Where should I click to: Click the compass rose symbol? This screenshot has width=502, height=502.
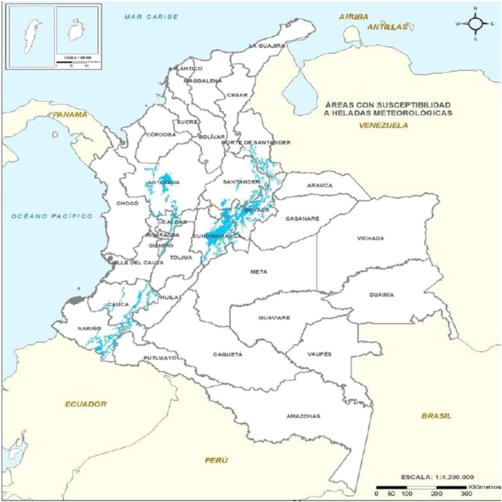point(475,24)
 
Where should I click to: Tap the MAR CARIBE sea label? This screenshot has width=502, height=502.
point(151,17)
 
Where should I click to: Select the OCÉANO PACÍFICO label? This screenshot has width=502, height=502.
point(52,216)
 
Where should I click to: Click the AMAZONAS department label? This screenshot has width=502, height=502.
point(303,416)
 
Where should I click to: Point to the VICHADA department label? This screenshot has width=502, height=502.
point(370,238)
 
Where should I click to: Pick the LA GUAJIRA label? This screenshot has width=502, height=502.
point(267,46)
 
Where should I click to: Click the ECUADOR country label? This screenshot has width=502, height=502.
point(86,404)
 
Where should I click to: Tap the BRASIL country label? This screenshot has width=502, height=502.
point(436,416)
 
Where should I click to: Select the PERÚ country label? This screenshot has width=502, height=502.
point(216,460)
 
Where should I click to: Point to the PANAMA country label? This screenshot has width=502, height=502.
point(70,115)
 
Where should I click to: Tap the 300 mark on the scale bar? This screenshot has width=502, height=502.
point(466,494)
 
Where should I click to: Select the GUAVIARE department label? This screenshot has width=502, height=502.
point(274,318)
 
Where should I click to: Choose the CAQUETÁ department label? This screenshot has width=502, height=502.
point(227,354)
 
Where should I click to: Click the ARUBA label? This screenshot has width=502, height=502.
point(354,17)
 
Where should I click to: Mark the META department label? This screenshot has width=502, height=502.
point(258,272)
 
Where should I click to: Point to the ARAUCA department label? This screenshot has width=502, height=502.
point(319,185)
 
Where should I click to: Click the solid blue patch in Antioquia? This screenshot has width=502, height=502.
point(167,179)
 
